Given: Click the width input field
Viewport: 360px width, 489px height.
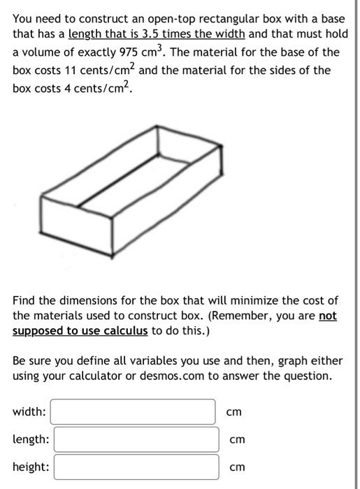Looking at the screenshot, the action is coord(133,412).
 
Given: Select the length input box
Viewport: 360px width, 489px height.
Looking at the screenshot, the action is coord(136,439).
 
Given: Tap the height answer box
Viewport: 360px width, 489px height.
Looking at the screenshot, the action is coord(136,467).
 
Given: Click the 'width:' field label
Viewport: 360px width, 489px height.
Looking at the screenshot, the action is coord(29,412).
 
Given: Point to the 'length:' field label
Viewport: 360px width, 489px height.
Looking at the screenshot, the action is coord(31,439).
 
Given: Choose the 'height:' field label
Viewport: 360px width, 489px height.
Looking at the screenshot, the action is coord(31,467).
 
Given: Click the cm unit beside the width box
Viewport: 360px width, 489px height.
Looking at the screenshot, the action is coord(234,412).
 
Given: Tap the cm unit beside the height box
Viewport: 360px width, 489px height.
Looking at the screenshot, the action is coord(238,467).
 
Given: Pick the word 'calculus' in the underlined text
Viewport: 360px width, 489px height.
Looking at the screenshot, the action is coord(127,330).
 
